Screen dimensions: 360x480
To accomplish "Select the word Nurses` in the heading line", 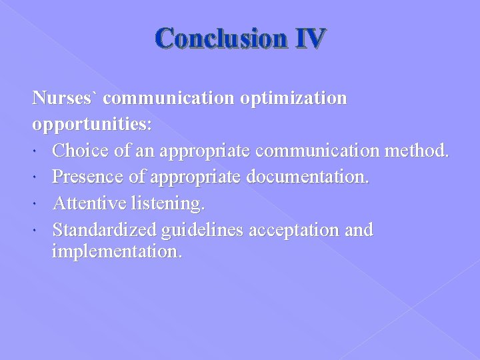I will [65, 99].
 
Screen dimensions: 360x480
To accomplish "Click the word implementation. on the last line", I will [117, 252].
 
